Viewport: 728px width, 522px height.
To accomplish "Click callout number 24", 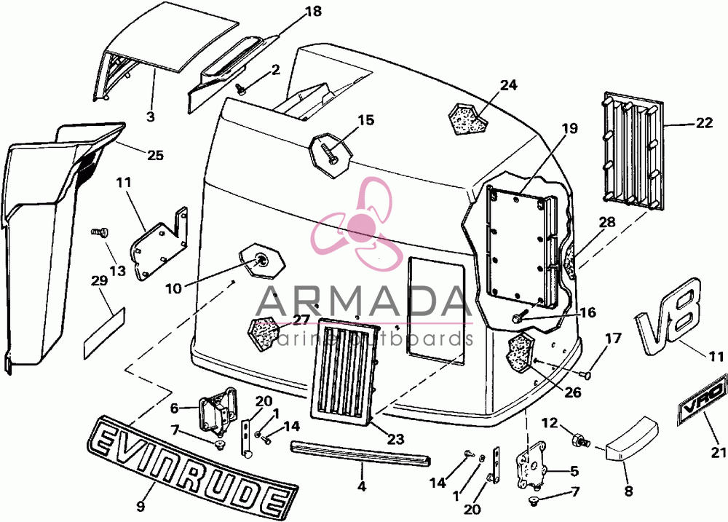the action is [508, 85].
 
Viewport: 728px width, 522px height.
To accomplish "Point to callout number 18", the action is [314, 11].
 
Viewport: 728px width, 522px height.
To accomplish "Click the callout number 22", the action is [704, 122].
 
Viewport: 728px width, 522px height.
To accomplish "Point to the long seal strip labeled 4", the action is [361, 454].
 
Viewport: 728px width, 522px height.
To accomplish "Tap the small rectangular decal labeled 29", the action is [104, 333].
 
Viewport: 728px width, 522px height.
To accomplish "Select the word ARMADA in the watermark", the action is [361, 301].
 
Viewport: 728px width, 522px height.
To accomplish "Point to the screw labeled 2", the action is [241, 88].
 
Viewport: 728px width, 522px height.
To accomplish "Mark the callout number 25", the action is [155, 154].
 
